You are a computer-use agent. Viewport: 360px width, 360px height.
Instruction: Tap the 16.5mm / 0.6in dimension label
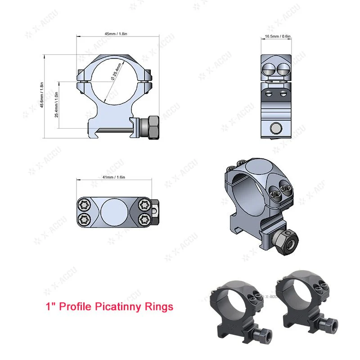click(278, 36)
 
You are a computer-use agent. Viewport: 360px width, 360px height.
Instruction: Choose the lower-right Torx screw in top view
click(144, 220)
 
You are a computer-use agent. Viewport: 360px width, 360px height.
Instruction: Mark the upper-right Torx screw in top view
click(144, 205)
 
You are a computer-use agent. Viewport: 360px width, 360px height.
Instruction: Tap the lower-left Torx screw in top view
click(83, 220)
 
